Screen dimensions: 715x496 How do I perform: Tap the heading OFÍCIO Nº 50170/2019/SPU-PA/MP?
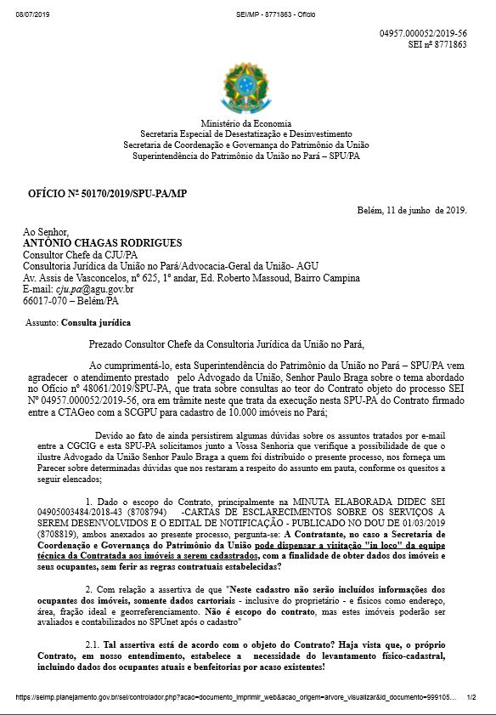(107, 195)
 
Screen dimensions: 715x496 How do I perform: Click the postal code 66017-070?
(45, 302)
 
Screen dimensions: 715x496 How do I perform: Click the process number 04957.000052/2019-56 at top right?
(423, 32)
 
